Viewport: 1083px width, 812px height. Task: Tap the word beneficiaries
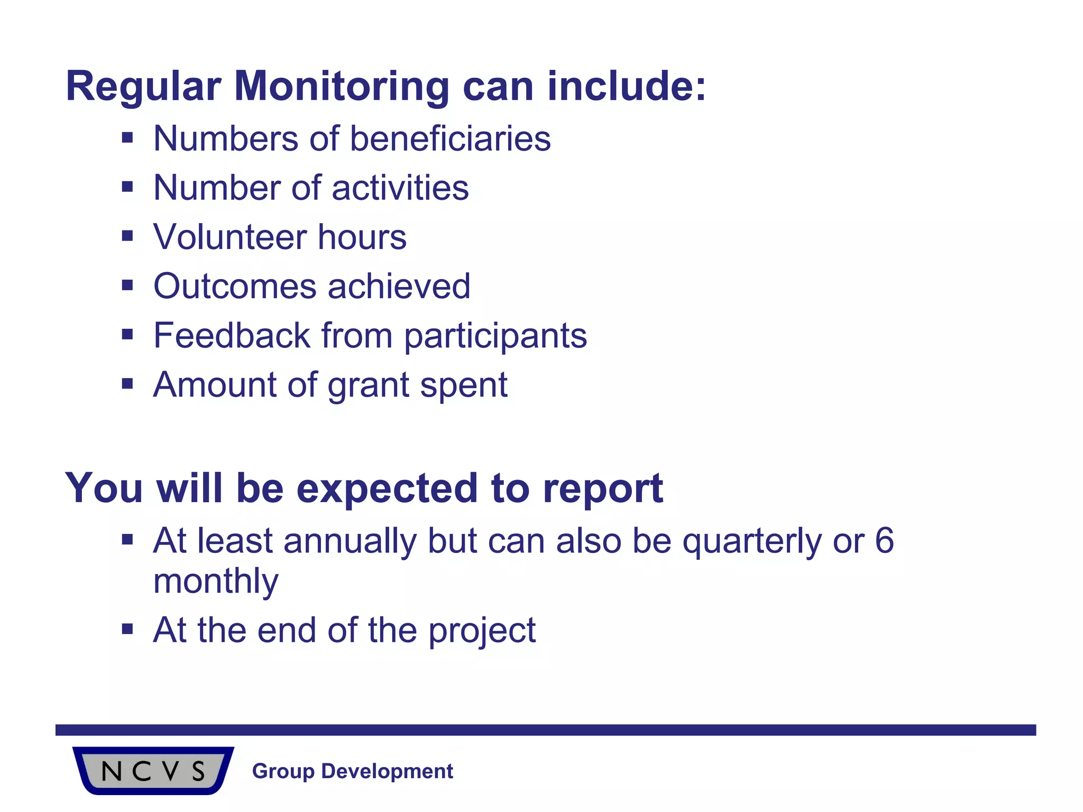[450, 139]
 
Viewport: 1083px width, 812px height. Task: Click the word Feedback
[232, 336]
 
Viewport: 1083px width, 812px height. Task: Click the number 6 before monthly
[884, 541]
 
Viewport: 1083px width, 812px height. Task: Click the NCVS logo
[153, 770]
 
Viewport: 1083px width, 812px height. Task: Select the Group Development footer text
[352, 771]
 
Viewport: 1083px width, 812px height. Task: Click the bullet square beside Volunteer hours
[127, 236]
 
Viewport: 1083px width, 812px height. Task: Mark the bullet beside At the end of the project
[127, 629]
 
